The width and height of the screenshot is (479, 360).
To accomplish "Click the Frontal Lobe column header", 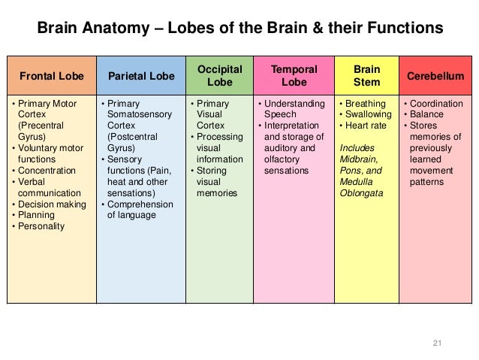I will pos(51,76).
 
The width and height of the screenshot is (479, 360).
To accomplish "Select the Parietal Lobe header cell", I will pos(140,76).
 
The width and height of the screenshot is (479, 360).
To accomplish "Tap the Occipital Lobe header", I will pos(219,75).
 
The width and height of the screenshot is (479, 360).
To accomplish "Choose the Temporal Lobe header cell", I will pos(293,75).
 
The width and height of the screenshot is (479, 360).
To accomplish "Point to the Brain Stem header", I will pos(366,75).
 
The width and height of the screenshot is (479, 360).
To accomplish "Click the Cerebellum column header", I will pos(435,76).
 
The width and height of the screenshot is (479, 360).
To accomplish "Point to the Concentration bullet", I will pos(46,171).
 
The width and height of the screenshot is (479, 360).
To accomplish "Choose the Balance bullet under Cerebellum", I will pos(426,114).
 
